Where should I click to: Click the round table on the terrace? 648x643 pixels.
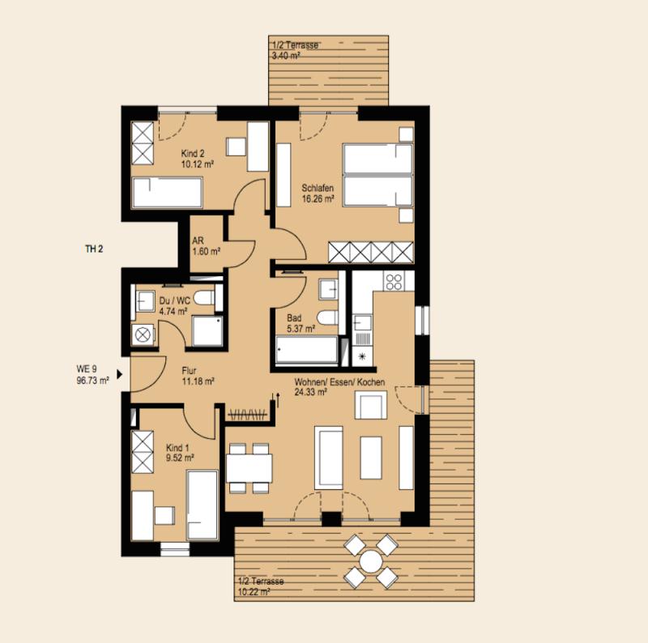(x=371, y=561)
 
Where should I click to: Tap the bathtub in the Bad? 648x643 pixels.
(x=307, y=351)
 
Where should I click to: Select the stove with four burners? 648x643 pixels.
(x=393, y=281)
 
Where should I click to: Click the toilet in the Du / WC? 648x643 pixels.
(x=204, y=297)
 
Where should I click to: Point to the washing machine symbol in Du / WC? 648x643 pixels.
(x=143, y=334)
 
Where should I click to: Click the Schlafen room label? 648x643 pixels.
(x=318, y=188)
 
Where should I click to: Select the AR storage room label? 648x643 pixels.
(x=198, y=241)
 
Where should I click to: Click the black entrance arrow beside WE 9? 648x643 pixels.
(x=120, y=374)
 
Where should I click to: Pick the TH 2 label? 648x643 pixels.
(x=94, y=249)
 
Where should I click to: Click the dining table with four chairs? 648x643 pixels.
(x=249, y=468)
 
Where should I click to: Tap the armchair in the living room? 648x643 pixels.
(x=371, y=405)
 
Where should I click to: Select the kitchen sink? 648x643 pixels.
(x=362, y=322)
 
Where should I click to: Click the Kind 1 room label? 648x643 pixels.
(x=177, y=448)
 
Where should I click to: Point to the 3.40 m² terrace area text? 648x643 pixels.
(x=286, y=56)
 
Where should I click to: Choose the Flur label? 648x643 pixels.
(x=189, y=370)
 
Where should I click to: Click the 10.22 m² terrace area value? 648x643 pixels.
(x=254, y=592)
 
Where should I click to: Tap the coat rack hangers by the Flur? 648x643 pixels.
(x=248, y=414)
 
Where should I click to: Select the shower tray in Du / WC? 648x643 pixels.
(x=207, y=331)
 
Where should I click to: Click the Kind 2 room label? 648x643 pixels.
(x=193, y=154)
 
